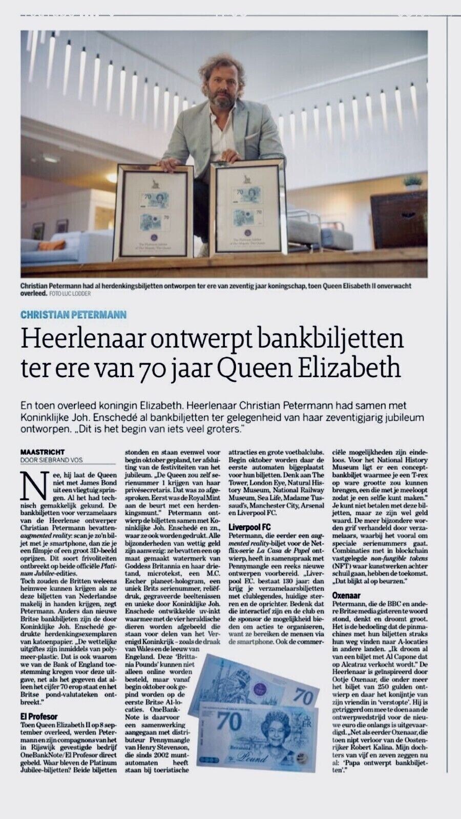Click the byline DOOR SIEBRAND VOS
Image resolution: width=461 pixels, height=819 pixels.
click(51, 460)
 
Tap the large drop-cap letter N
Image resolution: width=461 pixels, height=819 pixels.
click(29, 483)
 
